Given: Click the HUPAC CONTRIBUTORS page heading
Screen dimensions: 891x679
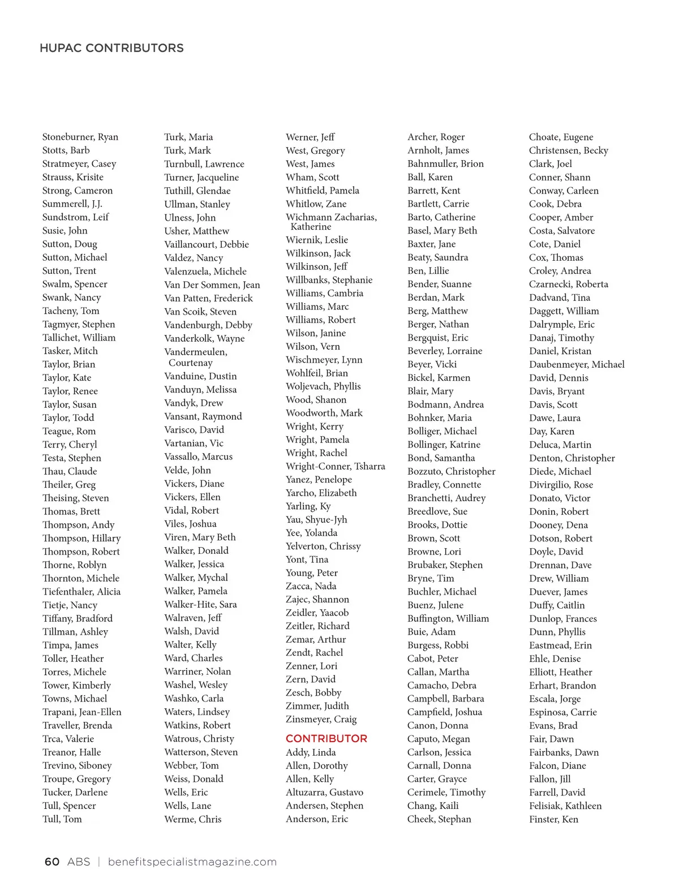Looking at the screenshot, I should tap(111, 48).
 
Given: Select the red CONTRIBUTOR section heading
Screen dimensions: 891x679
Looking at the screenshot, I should tap(326, 738).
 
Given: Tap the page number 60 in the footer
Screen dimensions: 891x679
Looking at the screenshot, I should tap(51, 862).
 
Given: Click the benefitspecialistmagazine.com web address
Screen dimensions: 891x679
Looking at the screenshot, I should tap(192, 862).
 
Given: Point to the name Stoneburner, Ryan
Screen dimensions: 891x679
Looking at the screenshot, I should tap(80, 137).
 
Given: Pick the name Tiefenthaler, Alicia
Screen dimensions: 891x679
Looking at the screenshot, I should tap(81, 592).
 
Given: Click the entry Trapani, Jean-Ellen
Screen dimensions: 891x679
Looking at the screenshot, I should tap(82, 712).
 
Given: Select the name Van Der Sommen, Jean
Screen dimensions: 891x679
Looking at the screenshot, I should tap(212, 285).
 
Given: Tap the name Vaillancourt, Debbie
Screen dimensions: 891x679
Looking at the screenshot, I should tap(207, 244).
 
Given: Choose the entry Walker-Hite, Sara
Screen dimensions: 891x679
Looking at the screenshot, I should tap(200, 604).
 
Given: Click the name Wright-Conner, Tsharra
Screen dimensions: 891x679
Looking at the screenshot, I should tap(336, 466).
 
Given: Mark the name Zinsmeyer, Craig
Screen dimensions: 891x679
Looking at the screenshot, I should tap(321, 719).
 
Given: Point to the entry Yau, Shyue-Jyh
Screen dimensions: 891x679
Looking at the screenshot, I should tap(316, 519).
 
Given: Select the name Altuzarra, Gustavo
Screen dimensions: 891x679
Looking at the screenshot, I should tap(324, 792).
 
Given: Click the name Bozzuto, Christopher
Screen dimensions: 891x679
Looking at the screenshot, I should tap(451, 471).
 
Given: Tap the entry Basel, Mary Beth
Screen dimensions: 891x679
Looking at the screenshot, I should tap(442, 231).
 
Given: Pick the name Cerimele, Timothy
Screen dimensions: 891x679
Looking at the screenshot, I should tap(446, 792).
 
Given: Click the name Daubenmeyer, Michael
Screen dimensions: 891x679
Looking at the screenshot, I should tap(577, 364).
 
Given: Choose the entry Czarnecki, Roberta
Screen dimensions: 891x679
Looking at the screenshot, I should tap(569, 284).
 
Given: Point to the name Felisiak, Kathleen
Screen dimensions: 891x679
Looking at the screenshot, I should tap(565, 806).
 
